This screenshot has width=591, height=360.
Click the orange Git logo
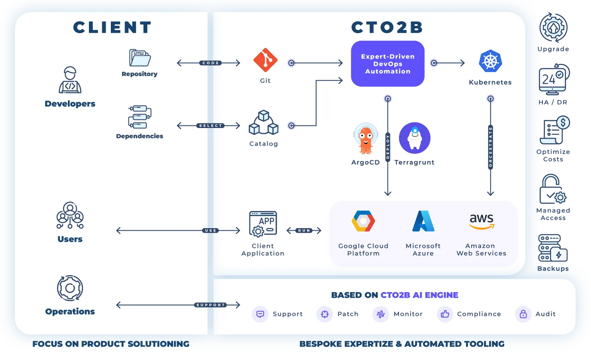(x=265, y=60)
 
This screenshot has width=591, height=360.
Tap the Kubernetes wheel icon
(x=490, y=61)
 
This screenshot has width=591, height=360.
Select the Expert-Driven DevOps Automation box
(x=387, y=64)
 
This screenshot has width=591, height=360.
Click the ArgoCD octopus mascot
(x=366, y=139)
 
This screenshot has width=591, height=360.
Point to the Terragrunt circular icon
(x=414, y=138)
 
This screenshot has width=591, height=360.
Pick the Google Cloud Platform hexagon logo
(x=363, y=221)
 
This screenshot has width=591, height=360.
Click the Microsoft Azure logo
(x=423, y=221)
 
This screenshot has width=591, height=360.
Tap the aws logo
(x=481, y=221)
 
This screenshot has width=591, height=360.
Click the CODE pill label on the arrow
(x=210, y=63)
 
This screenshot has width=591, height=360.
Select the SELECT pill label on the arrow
(x=210, y=125)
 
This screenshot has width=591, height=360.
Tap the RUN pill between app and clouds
(x=304, y=230)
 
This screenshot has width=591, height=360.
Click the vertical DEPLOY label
(x=387, y=147)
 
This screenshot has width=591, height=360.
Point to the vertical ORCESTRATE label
(x=490, y=147)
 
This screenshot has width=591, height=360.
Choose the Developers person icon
(x=70, y=80)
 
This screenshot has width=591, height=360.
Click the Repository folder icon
(x=140, y=58)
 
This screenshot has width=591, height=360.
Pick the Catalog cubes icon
(x=264, y=122)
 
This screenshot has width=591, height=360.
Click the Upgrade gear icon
(x=553, y=27)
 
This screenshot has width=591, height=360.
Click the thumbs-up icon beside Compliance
(x=445, y=314)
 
